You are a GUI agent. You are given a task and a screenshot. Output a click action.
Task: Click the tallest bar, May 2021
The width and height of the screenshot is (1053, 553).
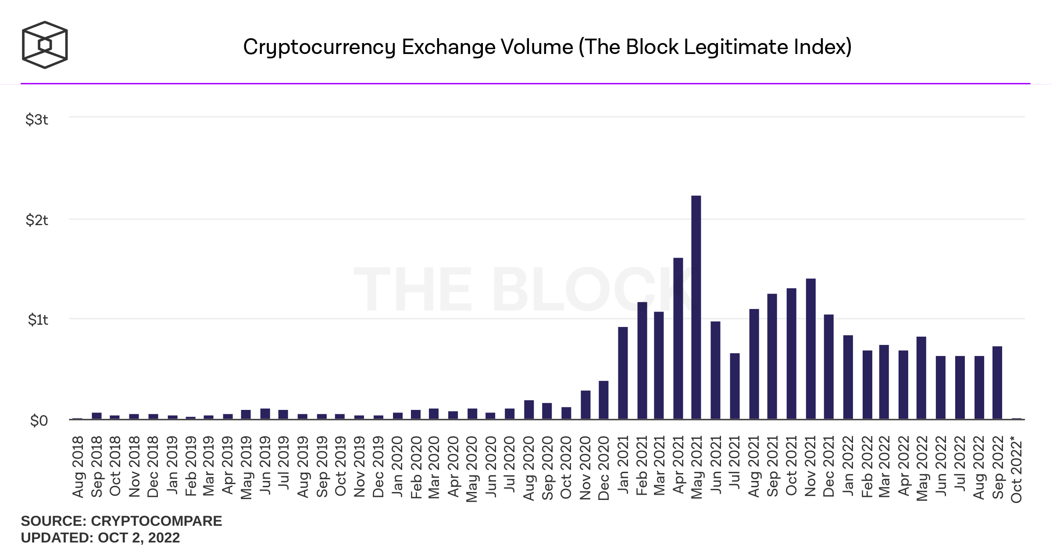696,307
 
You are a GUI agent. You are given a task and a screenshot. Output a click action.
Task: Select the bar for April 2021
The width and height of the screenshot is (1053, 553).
678,338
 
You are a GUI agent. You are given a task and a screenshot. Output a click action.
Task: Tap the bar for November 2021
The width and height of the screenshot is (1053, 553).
810,349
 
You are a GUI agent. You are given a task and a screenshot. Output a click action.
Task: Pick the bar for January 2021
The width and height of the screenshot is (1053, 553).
623,373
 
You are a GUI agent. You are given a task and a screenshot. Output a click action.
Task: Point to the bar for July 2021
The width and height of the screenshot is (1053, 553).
735,386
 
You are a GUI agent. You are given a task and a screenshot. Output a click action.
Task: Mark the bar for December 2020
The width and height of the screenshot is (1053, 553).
603,400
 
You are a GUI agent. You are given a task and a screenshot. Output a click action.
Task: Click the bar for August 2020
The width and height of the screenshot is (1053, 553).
529,409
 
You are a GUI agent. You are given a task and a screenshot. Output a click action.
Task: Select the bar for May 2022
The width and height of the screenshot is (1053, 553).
921,378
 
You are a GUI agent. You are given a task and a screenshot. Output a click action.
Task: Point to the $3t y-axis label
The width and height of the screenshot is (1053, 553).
37,119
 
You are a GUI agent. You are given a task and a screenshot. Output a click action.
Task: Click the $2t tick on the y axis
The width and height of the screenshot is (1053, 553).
37,220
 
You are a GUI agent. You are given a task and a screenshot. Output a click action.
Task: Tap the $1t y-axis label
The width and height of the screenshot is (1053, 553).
38,320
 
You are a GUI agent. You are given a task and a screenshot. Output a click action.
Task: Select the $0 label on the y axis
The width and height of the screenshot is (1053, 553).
39,420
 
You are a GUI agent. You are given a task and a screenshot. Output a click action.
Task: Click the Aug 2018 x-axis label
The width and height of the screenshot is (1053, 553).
78,467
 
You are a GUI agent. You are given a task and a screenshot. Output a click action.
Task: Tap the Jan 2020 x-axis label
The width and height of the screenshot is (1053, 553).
397,467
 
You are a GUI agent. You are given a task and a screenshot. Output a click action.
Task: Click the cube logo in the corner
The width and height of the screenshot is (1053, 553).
45,45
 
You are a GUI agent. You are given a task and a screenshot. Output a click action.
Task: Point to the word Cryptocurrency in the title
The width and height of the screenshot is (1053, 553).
319,47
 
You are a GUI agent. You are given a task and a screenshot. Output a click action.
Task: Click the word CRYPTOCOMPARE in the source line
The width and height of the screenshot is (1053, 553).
156,521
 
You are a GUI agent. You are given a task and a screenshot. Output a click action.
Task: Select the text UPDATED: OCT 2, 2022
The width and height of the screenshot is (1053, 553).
100,538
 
